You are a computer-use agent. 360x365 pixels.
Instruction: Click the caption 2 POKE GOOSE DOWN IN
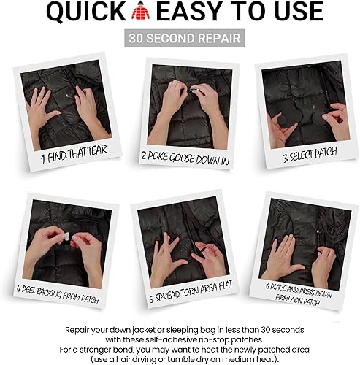tap(183, 155)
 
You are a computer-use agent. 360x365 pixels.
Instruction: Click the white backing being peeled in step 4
tap(61, 237)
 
